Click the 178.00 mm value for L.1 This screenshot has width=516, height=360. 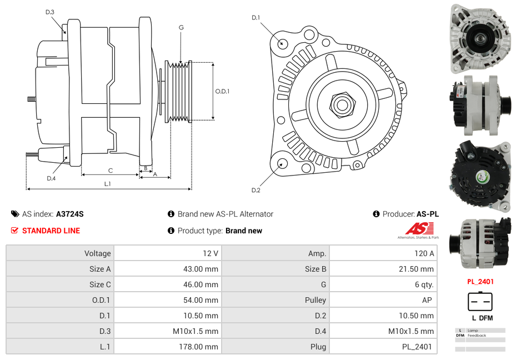click(x=202, y=347)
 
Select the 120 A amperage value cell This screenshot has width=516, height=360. click(x=424, y=253)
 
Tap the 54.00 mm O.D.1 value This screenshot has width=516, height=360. click(x=202, y=300)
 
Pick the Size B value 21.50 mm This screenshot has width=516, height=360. click(x=416, y=269)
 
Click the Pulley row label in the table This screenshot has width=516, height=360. click(x=315, y=300)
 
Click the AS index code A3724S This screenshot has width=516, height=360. click(x=70, y=214)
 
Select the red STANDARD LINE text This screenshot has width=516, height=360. click(x=51, y=231)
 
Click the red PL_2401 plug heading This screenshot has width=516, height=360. click(x=480, y=282)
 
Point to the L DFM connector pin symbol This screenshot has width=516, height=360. click(x=480, y=302)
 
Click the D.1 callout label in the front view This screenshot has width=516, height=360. click(x=256, y=18)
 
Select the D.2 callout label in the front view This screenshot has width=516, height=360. click(x=256, y=190)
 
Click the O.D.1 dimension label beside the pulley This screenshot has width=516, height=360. click(x=222, y=91)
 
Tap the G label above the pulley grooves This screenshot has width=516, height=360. click(x=181, y=27)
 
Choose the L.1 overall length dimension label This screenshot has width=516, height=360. click(x=108, y=183)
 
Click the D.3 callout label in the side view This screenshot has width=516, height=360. click(x=50, y=12)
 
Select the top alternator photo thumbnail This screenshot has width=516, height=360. click(x=480, y=37)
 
